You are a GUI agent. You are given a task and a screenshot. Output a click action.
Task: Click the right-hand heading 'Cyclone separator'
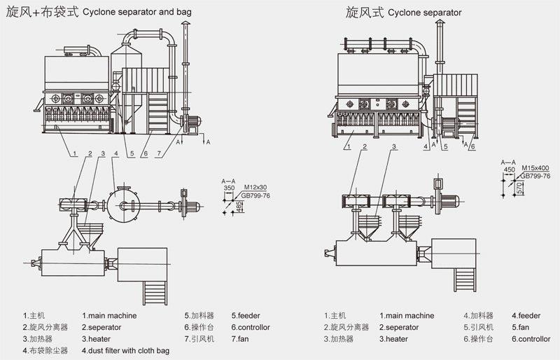coord(421,12)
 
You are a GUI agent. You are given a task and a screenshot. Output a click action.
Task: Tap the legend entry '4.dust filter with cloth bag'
coord(125,349)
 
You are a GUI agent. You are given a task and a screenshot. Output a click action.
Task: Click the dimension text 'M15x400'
coord(536,168)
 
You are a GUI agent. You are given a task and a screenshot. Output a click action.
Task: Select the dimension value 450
coord(509,168)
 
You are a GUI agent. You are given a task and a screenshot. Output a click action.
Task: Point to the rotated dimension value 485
coord(240,207)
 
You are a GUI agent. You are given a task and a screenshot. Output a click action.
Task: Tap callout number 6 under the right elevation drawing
coord(472,146)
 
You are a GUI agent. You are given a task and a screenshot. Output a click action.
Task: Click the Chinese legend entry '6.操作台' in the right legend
coord(478,338)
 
